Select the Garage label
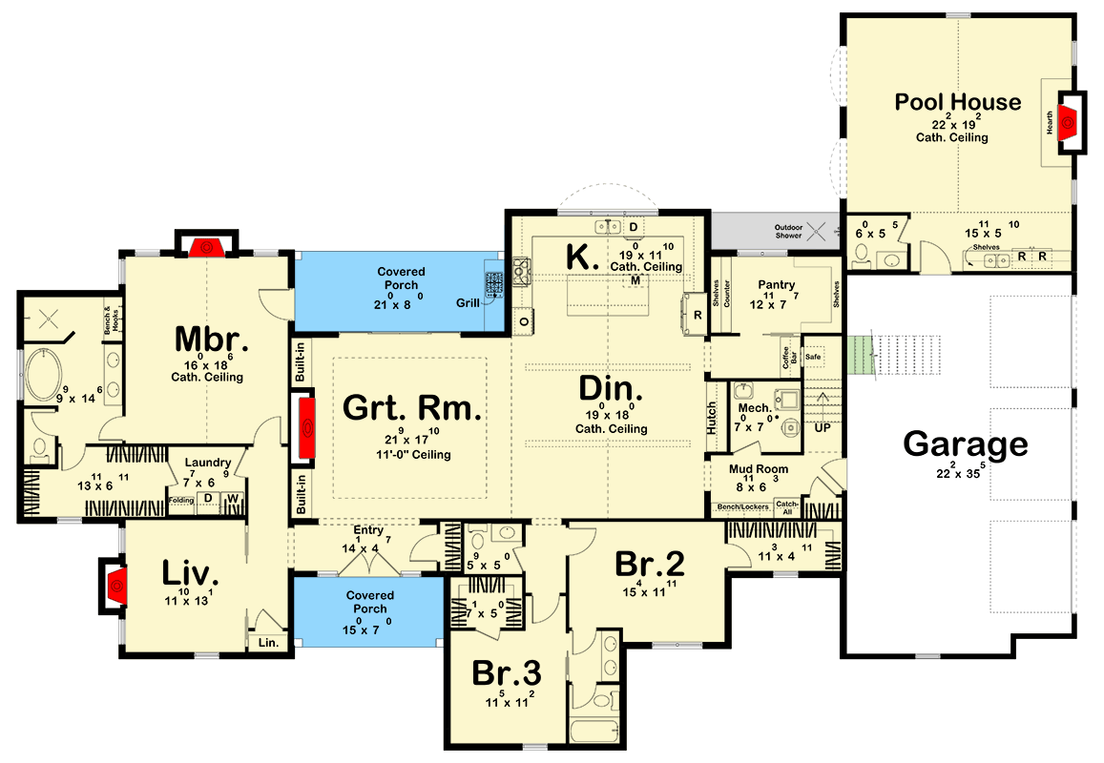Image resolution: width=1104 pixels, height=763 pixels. tap(966, 444)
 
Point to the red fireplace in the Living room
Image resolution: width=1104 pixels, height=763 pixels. tap(115, 584)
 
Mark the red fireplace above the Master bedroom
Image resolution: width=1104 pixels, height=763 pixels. tap(205, 248)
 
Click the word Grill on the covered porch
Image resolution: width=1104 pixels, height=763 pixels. tap(467, 302)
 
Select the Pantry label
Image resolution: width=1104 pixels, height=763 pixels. tap(776, 285)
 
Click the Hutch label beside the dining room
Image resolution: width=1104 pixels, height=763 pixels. tap(712, 418)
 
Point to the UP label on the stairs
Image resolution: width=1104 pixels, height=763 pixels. tap(822, 428)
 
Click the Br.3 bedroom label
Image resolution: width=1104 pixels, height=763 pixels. tap(507, 673)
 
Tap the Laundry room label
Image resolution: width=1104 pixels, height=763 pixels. tap(208, 463)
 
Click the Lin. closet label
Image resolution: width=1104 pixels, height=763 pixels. tap(267, 643)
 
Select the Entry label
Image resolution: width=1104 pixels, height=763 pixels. tap(368, 530)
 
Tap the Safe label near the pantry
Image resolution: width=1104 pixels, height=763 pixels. tap(813, 356)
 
